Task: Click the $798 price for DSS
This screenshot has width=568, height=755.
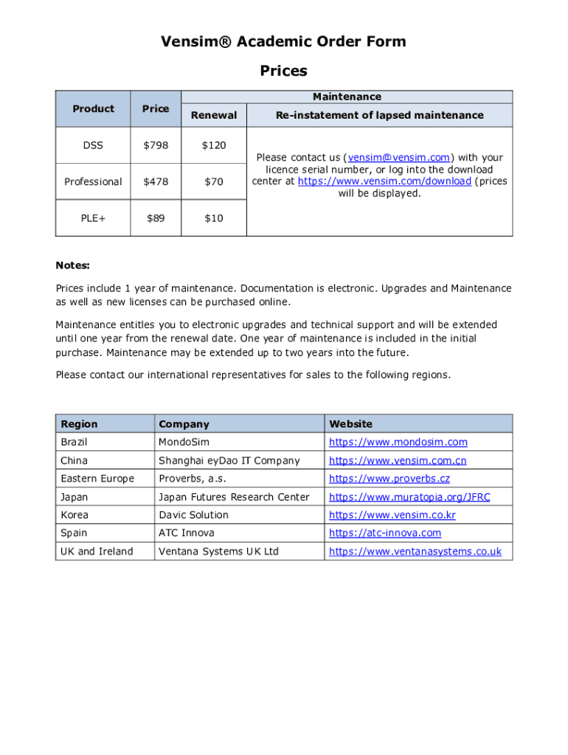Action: pyautogui.click(x=155, y=145)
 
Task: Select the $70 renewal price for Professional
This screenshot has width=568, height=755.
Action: pyautogui.click(x=214, y=181)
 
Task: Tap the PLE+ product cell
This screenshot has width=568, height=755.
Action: pyautogui.click(x=93, y=218)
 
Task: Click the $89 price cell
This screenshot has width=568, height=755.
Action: pyautogui.click(x=155, y=218)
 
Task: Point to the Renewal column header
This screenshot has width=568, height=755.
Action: pyautogui.click(x=214, y=115)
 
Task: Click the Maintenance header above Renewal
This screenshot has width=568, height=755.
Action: pyautogui.click(x=347, y=97)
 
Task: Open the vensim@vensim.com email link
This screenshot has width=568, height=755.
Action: pyautogui.click(x=398, y=158)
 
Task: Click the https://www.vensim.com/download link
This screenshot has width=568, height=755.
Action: pyautogui.click(x=384, y=181)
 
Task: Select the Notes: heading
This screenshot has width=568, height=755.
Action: pyautogui.click(x=72, y=265)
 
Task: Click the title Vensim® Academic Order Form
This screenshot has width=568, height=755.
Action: pyautogui.click(x=283, y=41)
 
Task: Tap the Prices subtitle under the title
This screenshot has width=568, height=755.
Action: pyautogui.click(x=283, y=71)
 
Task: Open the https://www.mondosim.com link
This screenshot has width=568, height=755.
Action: pyautogui.click(x=398, y=442)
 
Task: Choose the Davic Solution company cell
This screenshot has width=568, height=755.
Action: pyautogui.click(x=193, y=515)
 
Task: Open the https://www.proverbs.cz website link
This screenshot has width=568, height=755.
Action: pyautogui.click(x=389, y=479)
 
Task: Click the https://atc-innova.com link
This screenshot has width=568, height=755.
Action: pyautogui.click(x=384, y=533)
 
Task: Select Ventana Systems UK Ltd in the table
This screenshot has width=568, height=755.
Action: pyautogui.click(x=218, y=552)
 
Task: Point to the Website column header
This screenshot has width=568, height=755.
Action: pyautogui.click(x=350, y=424)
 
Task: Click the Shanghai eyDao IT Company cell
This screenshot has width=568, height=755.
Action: pyautogui.click(x=229, y=461)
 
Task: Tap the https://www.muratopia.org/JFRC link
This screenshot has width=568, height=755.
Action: pyautogui.click(x=409, y=497)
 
